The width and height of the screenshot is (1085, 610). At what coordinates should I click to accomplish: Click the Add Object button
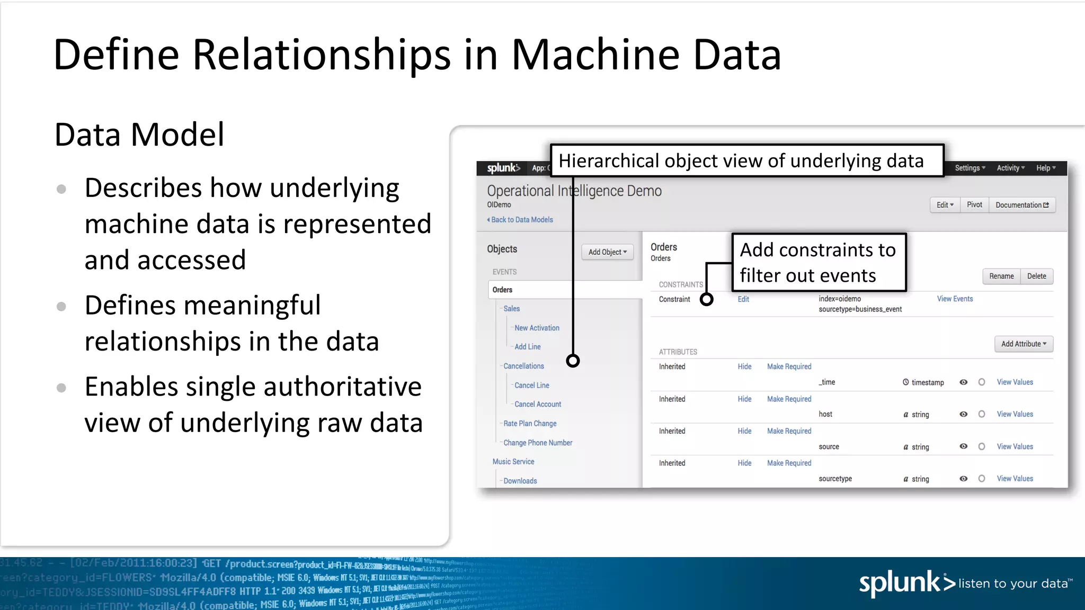(x=607, y=252)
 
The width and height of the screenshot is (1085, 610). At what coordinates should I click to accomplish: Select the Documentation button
(x=1021, y=205)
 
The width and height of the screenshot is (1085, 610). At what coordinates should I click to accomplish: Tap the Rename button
(x=1001, y=276)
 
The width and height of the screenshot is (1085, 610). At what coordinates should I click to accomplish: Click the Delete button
(x=1036, y=276)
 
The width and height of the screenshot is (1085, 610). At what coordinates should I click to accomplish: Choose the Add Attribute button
(x=1024, y=344)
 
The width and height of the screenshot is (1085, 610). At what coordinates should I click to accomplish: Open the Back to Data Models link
(x=521, y=220)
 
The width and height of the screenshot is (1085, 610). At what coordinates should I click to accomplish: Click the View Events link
(x=955, y=299)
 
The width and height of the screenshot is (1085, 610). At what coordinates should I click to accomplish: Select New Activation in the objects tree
(x=537, y=328)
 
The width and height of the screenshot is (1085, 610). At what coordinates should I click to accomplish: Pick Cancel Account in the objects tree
(x=538, y=404)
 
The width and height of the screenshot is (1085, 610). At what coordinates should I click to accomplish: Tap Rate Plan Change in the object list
(x=530, y=424)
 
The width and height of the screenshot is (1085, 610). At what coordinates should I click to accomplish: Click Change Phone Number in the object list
(x=538, y=443)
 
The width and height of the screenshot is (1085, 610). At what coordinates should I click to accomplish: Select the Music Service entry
(x=513, y=462)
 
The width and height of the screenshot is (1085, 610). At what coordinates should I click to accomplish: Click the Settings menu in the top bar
(x=970, y=168)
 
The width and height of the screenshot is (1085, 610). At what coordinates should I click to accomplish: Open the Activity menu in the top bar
(x=1010, y=168)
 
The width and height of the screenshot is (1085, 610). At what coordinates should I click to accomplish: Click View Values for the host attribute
(x=1015, y=414)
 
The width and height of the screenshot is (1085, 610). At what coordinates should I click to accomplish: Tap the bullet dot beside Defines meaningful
(x=61, y=306)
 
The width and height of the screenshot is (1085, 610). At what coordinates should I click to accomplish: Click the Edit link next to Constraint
(x=743, y=299)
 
